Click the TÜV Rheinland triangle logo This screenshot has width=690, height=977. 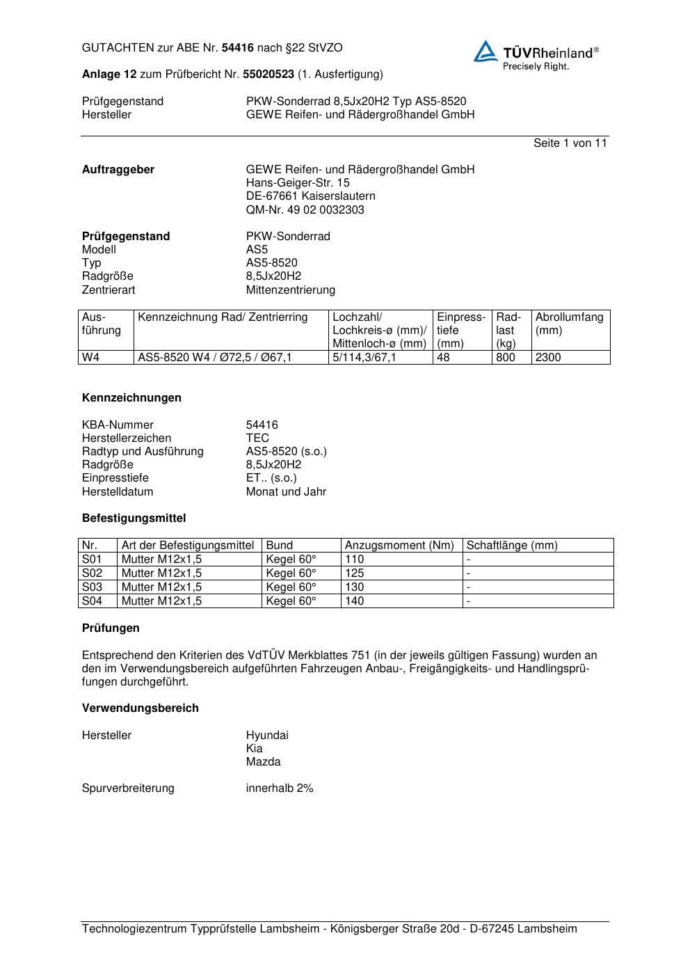(486, 51)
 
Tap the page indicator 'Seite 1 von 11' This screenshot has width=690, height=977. (570, 143)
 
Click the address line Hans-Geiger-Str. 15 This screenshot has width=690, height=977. (298, 183)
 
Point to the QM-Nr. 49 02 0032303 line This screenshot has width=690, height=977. (305, 209)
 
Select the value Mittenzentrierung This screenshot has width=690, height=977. (290, 289)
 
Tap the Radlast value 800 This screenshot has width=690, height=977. (506, 358)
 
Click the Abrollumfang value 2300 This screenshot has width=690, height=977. (548, 358)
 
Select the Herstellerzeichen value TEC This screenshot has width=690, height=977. (257, 438)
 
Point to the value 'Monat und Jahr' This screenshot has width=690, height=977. (286, 491)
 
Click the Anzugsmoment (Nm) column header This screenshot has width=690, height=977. (399, 546)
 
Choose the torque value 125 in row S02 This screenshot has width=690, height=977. (355, 573)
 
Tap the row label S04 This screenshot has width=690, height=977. (92, 601)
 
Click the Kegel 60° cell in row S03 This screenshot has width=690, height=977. (291, 587)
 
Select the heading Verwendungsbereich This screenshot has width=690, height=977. (141, 708)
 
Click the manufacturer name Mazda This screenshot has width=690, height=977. (263, 761)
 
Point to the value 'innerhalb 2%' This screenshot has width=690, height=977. (280, 788)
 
